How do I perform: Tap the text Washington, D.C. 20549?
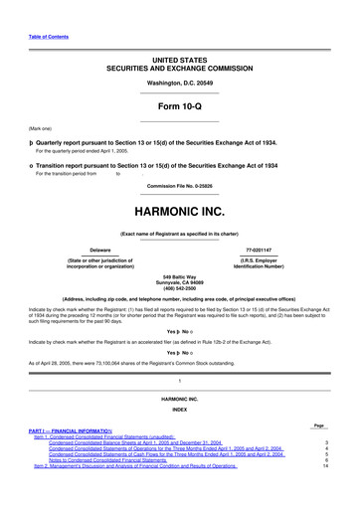(x=179, y=83)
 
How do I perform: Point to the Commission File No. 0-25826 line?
(x=179, y=186)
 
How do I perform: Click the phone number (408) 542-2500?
(x=179, y=287)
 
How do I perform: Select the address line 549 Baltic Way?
(x=179, y=275)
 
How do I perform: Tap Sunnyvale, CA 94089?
(x=179, y=281)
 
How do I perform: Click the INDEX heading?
(x=179, y=434)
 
